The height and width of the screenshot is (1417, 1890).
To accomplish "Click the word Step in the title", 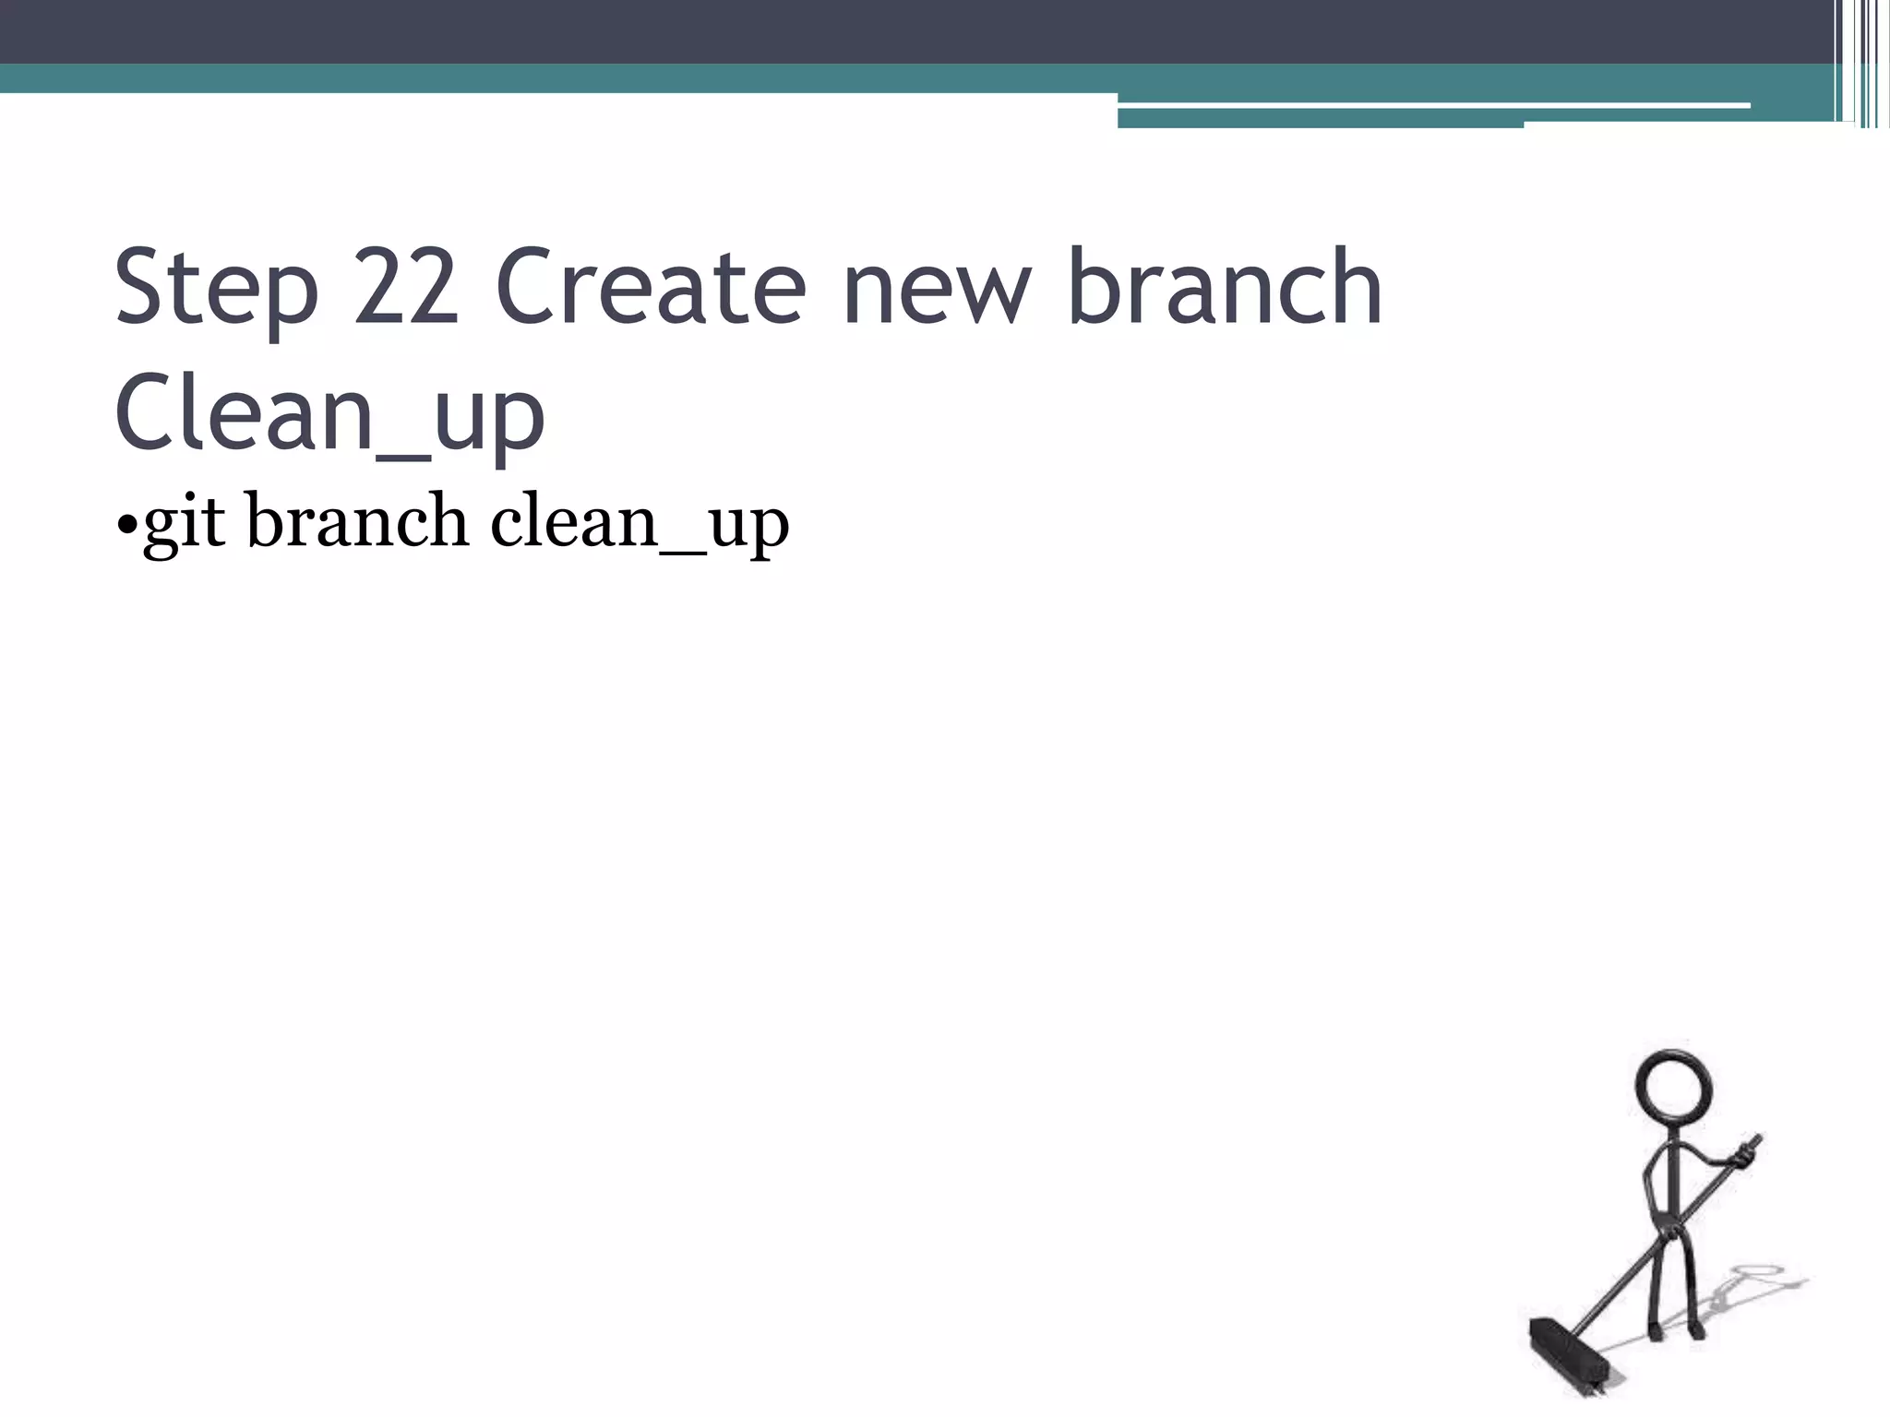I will tap(217, 288).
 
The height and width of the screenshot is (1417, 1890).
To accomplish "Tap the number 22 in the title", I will tap(406, 288).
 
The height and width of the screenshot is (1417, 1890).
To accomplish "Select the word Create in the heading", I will tap(651, 288).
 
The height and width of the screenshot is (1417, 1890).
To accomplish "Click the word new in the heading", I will tap(936, 288).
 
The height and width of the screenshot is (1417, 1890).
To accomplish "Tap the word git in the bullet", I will tap(185, 523).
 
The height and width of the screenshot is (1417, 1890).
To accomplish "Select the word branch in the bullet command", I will tap(357, 521).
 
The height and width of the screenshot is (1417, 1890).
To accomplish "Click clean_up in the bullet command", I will tap(639, 523).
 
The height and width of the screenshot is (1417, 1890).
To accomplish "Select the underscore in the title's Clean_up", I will tap(403, 454).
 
